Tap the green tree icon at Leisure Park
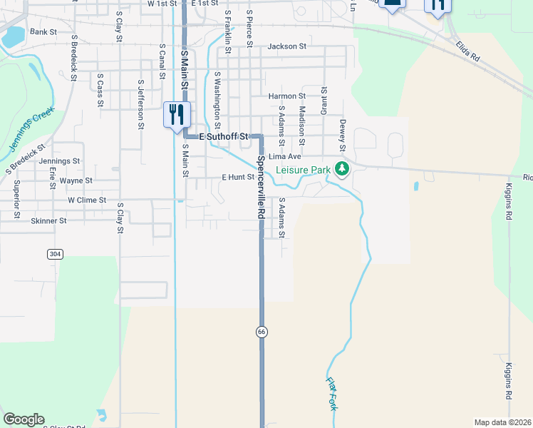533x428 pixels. click(x=343, y=168)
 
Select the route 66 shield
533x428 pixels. click(x=262, y=331)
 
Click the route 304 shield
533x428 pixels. click(x=54, y=254)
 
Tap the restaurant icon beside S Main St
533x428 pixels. click(x=176, y=114)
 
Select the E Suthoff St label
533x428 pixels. click(x=223, y=136)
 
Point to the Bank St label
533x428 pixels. click(x=43, y=32)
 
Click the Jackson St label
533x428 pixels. click(x=286, y=46)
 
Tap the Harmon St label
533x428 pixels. click(x=286, y=96)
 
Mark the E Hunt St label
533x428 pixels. click(x=238, y=177)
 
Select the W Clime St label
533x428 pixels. click(x=87, y=200)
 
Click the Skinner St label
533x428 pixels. click(x=48, y=221)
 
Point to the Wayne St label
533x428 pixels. click(x=76, y=181)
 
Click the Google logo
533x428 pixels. click(x=24, y=419)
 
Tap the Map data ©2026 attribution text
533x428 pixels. click(x=502, y=422)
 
